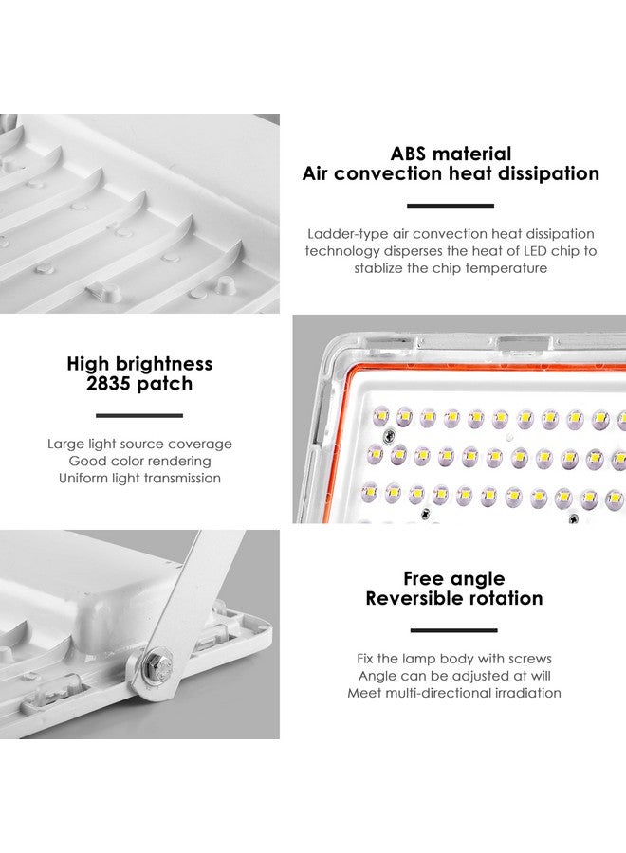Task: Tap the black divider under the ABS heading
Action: [451, 206]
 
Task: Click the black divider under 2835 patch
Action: [139, 415]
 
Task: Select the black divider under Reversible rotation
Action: [453, 630]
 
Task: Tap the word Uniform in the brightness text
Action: [83, 479]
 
